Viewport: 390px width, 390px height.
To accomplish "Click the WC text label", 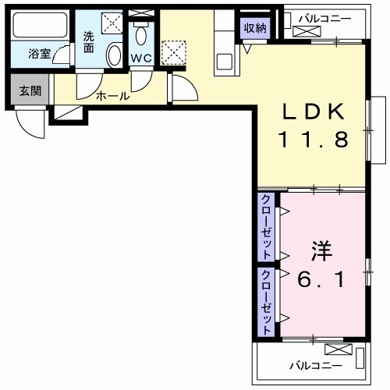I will pos(141,57).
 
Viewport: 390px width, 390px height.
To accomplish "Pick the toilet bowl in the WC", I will pos(141,35).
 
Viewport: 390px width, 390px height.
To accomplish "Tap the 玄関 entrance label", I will pos(30,90).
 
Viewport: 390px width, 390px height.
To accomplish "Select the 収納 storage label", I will pos(254,27).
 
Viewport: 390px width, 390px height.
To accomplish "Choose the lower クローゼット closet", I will pos(266,302).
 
